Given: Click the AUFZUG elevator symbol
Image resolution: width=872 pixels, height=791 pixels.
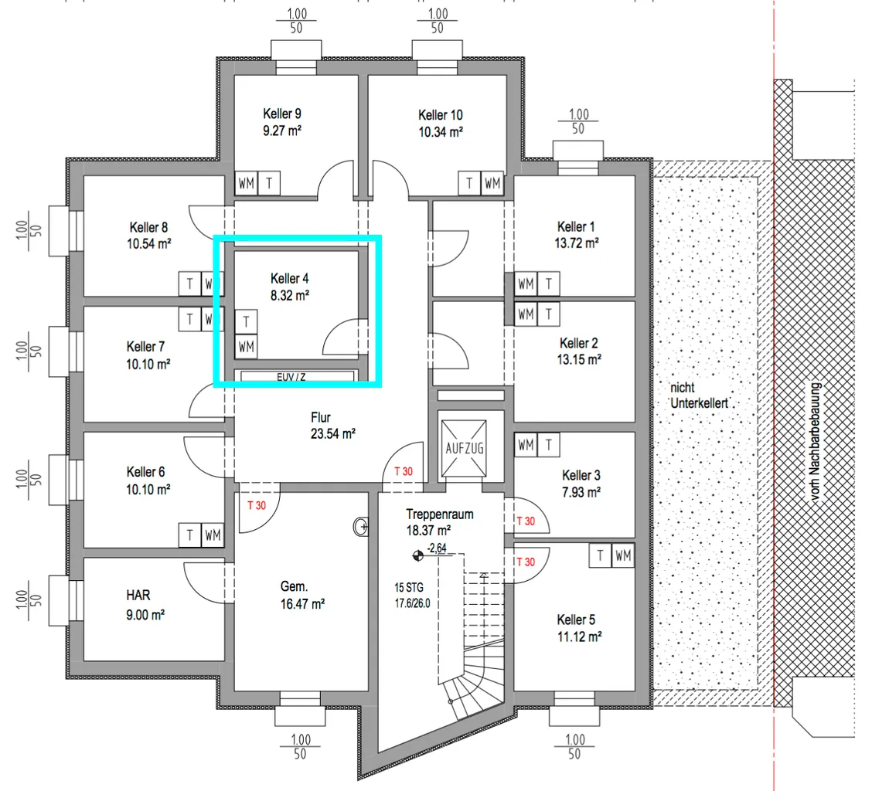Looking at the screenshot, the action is click(x=464, y=448).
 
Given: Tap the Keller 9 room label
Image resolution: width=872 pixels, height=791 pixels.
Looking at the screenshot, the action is click(x=282, y=114).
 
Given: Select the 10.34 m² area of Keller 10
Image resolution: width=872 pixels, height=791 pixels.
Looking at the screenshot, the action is click(x=441, y=132).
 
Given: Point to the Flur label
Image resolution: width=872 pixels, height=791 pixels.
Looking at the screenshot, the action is click(x=321, y=417).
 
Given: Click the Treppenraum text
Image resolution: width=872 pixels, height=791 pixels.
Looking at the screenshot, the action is click(x=440, y=514).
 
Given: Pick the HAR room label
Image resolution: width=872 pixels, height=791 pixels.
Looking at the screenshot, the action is click(x=138, y=596).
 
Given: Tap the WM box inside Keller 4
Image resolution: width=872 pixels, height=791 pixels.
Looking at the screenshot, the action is click(x=247, y=347).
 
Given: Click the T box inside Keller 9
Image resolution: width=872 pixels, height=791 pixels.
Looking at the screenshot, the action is click(x=269, y=183).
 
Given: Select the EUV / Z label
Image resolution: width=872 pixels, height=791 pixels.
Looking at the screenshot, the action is click(x=291, y=377).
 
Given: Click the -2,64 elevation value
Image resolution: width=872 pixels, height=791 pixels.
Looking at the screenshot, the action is click(x=437, y=548).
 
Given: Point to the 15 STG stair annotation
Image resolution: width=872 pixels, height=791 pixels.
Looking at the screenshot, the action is click(x=409, y=588).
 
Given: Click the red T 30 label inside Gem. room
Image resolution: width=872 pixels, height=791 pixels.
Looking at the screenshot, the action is click(x=257, y=505).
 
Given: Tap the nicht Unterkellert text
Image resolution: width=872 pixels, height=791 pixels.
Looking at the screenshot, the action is click(x=699, y=395).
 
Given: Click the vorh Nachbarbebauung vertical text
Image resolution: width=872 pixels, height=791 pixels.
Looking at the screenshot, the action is click(x=816, y=442).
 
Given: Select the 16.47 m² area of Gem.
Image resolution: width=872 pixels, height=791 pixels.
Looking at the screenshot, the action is click(x=302, y=604).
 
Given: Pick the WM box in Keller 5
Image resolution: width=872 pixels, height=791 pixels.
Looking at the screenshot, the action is click(x=623, y=555).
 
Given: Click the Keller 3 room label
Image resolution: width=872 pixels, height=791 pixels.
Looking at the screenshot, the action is click(x=581, y=476).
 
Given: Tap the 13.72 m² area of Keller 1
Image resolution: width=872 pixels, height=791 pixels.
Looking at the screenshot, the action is click(x=577, y=243).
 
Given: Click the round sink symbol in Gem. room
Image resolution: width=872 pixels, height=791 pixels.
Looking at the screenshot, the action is click(x=361, y=526).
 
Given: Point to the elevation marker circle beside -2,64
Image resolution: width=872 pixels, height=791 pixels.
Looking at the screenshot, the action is click(x=417, y=555).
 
